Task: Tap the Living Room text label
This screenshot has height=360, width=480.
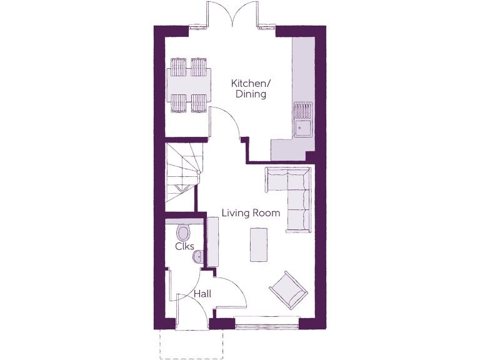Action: coord(251,213)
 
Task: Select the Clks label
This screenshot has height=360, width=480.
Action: coord(185,246)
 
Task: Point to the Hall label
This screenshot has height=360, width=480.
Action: coord(202,294)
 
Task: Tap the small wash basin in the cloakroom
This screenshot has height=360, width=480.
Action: coord(197,256)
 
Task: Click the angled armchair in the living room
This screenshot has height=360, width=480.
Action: coord(288,290)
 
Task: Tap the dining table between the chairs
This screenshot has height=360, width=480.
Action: coord(188,86)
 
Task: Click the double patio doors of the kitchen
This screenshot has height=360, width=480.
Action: coord(232,15)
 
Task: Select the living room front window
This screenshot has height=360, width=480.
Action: coord(267,323)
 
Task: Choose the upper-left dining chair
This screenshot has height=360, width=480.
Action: coord(178,66)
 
